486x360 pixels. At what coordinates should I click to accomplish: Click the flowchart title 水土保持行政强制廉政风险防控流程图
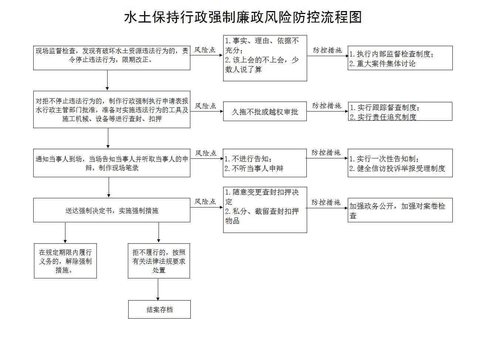coord(243,17)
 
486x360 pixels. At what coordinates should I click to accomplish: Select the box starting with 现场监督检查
coord(112,58)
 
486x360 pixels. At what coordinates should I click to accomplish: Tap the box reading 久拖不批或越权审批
coord(265,111)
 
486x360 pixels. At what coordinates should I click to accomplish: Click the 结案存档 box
coord(159,309)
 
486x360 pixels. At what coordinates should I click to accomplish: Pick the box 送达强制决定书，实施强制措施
coord(112,210)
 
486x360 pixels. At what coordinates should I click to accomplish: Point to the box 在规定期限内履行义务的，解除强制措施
coord(65,261)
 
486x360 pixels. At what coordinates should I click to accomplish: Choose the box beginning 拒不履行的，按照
coord(159,261)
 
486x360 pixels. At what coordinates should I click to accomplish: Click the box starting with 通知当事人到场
coord(112,163)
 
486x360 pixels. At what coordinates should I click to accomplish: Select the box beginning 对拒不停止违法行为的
coord(112,110)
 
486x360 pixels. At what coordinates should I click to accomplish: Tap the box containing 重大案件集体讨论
coord(400,58)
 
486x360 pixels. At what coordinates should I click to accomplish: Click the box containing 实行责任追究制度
coord(400,111)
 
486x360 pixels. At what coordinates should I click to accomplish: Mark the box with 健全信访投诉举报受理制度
coord(400,163)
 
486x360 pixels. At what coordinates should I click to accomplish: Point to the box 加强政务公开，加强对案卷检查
coord(400,210)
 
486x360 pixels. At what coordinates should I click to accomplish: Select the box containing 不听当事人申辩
coord(265,163)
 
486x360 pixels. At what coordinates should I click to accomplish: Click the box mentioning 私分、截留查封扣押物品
coord(265,210)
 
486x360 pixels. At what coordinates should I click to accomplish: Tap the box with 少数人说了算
coord(265,58)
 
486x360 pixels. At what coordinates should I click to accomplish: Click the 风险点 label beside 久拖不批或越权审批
coord(205,106)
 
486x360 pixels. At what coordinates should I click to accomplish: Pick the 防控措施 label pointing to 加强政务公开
coord(326,202)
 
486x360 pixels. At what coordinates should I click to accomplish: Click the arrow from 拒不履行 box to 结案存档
coord(158,289)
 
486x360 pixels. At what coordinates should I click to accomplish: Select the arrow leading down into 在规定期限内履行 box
coord(65,233)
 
